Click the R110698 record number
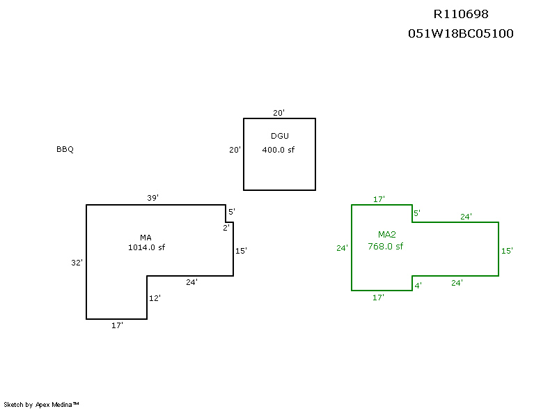click(461, 14)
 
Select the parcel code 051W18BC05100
click(461, 33)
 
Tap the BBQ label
click(65, 150)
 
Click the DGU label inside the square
click(279, 135)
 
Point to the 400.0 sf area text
click(278, 150)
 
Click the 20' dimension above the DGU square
click(278, 113)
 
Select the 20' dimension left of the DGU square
click(235, 150)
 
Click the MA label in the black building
click(146, 238)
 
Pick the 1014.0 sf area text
click(146, 247)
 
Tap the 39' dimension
click(152, 199)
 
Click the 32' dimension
click(77, 263)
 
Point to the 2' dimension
click(226, 228)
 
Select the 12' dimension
click(155, 298)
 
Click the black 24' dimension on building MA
click(191, 282)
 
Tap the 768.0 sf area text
click(386, 246)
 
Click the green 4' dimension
click(418, 285)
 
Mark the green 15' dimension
click(507, 251)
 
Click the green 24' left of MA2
click(342, 248)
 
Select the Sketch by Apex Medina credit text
click(41, 404)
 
